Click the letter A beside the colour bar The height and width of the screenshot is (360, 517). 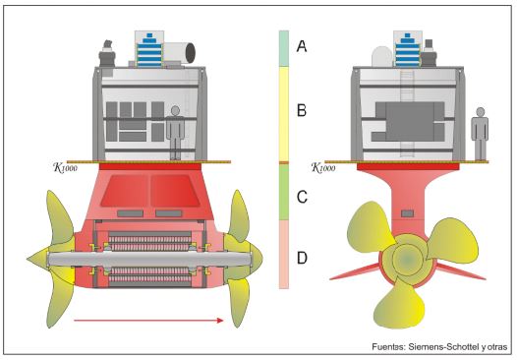click(302, 46)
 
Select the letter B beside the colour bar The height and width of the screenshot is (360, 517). click(302, 110)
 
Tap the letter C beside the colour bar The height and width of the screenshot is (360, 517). click(302, 197)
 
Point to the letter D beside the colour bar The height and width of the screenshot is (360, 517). click(302, 258)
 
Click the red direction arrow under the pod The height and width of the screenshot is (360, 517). click(148, 320)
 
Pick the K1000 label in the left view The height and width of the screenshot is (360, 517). click(65, 167)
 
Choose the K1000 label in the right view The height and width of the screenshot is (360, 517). click(323, 167)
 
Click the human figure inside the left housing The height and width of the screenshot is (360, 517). click(175, 133)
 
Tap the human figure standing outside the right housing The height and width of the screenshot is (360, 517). click(480, 134)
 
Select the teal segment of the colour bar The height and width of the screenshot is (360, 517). click(284, 48)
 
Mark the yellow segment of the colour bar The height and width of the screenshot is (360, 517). click(284, 114)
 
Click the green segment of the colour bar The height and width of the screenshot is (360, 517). click(284, 192)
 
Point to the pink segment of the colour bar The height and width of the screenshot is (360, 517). click(284, 255)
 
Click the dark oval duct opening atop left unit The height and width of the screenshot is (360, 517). click(191, 52)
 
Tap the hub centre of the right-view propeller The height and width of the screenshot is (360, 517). click(407, 259)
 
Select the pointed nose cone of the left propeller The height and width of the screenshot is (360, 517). click(37, 258)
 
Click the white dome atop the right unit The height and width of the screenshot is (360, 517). click(382, 56)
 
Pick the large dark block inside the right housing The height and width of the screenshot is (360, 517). click(410, 121)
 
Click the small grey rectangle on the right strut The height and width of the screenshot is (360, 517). click(407, 213)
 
